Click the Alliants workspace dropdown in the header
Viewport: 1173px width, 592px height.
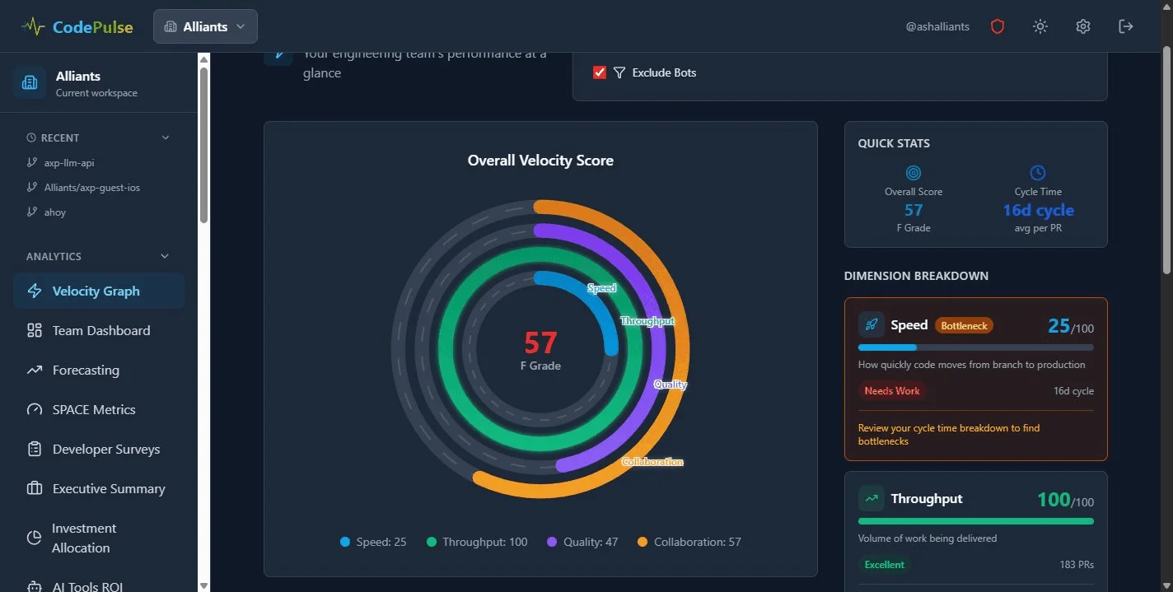tap(205, 26)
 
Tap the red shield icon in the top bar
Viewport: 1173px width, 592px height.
tap(998, 26)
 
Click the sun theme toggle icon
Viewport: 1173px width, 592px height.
tap(1040, 26)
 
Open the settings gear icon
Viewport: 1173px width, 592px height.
tap(1083, 26)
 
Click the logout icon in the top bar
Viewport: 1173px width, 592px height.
tap(1126, 26)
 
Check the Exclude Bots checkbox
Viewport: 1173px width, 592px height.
tap(600, 72)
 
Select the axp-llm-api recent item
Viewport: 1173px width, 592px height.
tap(69, 163)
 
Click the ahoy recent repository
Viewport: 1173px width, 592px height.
tap(55, 212)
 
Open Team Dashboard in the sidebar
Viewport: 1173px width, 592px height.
tap(100, 331)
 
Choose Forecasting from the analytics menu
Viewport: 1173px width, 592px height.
tap(86, 371)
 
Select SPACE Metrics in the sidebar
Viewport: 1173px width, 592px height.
tap(93, 410)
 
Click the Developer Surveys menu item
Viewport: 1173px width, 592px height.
tap(105, 450)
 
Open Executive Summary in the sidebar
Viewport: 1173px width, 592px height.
tap(108, 489)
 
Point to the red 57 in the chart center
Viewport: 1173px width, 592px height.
tap(540, 343)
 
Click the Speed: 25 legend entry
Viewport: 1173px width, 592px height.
tap(373, 542)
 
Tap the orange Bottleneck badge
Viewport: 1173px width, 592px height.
tap(964, 326)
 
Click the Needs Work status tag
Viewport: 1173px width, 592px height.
tap(892, 391)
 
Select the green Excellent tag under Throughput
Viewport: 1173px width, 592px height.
tap(884, 565)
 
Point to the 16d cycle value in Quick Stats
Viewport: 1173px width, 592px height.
tap(1038, 210)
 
